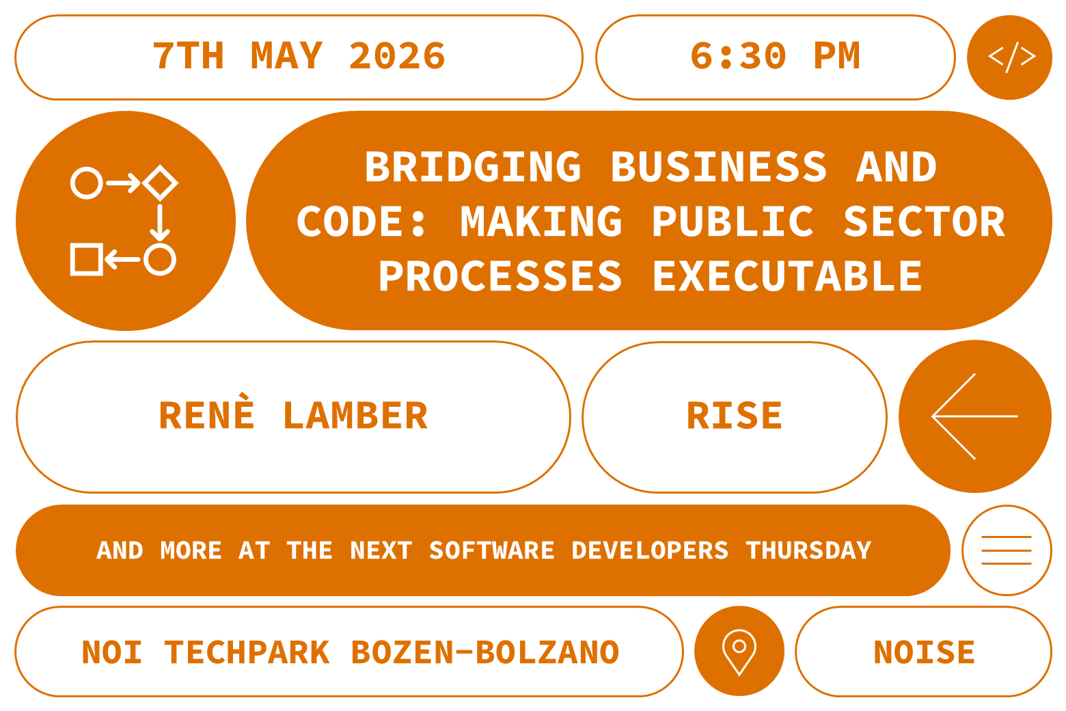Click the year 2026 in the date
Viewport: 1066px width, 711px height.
click(x=397, y=56)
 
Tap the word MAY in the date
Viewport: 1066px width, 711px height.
click(x=287, y=56)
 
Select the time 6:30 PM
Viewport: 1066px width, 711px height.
click(x=775, y=56)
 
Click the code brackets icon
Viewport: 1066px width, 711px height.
click(x=1011, y=57)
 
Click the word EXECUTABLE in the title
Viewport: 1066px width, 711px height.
click(x=787, y=276)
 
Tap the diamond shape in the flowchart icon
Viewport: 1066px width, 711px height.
click(x=161, y=183)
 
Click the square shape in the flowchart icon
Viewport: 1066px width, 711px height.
click(x=87, y=259)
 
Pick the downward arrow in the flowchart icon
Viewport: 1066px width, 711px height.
click(x=160, y=222)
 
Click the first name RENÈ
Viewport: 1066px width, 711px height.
click(x=207, y=415)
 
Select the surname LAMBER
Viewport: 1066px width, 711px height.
click(x=355, y=416)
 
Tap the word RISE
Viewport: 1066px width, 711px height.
click(x=735, y=416)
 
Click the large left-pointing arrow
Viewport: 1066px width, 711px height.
click(x=974, y=416)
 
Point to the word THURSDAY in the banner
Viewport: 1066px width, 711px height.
click(x=808, y=550)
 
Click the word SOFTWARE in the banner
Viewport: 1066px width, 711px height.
click(x=491, y=550)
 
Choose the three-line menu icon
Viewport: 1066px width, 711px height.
click(x=1007, y=550)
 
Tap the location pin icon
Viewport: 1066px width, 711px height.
click(x=739, y=651)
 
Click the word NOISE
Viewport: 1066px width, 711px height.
click(x=924, y=652)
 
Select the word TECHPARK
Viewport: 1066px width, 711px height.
click(x=247, y=652)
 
